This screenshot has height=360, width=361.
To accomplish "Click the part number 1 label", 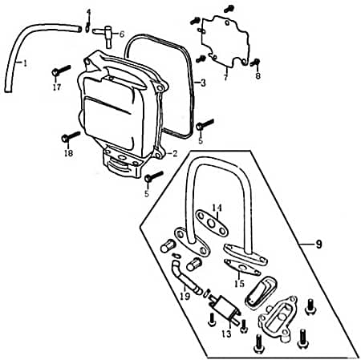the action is point(25,63).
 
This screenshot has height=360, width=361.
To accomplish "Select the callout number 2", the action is point(175,153).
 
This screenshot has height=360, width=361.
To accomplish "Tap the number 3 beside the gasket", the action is point(203,83).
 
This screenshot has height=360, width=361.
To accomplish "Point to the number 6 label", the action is point(122,34).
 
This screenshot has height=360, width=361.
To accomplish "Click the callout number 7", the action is point(226,77).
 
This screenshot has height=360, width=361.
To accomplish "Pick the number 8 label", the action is point(258,76).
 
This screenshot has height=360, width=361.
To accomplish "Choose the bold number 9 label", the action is point(318,244).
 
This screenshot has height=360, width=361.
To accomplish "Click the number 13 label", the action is point(226,334).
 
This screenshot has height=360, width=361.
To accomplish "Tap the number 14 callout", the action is point(217,208).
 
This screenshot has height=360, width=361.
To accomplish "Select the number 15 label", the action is point(239,283).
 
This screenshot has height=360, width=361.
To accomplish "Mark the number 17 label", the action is point(57,87).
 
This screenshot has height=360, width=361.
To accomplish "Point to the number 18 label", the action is point(68,153).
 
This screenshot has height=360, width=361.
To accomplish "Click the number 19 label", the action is point(185,296).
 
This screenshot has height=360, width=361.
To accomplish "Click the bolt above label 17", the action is point(61,70).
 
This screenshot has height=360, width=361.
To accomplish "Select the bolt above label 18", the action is point(71,136).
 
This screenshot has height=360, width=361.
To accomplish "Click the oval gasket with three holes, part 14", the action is point(212,223).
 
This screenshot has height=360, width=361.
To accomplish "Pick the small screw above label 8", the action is point(255,63).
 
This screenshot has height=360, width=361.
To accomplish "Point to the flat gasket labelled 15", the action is point(242,267).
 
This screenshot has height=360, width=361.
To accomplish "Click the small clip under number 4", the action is point(87,27).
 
